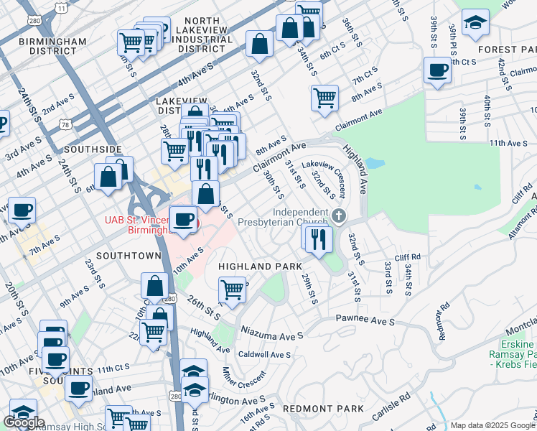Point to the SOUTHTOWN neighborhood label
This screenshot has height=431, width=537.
pos(129,255)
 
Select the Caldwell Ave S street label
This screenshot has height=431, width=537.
pos(264,355)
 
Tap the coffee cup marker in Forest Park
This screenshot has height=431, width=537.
pos(436,70)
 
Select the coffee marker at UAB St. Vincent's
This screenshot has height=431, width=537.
pos(184,218)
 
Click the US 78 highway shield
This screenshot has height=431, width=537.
pos(65,126)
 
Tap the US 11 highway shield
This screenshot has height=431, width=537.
pos(63,8)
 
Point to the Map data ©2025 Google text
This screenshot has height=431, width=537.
pos(492,425)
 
